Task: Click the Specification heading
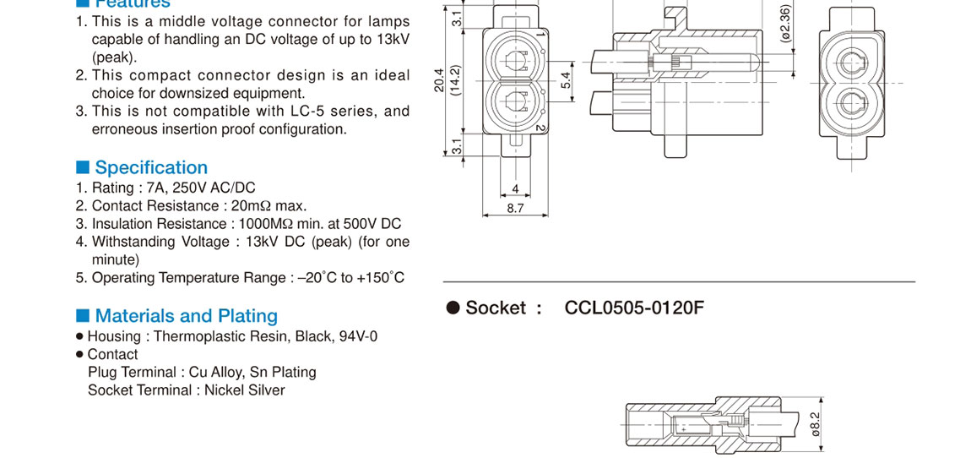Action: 151,167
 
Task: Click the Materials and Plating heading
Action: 186,316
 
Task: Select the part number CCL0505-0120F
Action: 633,308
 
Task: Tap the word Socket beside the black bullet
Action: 496,308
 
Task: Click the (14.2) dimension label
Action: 455,81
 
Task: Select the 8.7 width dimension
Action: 515,207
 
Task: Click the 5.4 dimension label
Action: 567,80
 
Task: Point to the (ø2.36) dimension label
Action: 786,24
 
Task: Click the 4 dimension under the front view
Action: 515,189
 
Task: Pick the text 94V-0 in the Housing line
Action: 359,336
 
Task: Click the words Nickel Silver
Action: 245,390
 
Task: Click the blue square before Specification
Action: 83,166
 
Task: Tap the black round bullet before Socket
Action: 453,308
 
